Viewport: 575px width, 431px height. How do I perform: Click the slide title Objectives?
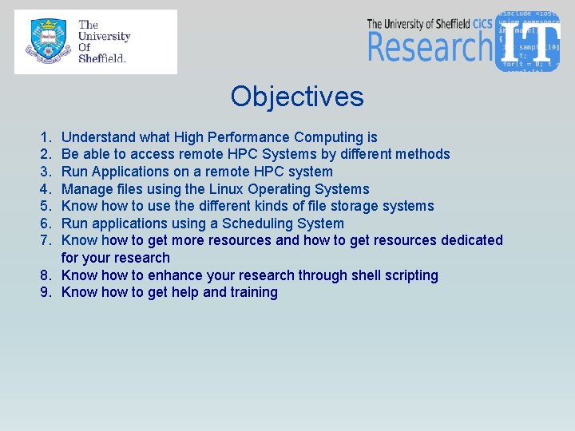click(296, 97)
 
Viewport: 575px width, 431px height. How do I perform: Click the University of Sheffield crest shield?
click(48, 42)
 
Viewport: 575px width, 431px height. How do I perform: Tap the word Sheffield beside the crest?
click(102, 58)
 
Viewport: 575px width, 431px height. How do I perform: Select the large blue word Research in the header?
click(430, 46)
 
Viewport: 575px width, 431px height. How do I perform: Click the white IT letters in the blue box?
click(529, 42)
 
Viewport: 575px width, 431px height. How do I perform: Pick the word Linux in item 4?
click(229, 189)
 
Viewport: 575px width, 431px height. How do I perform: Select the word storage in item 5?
click(354, 206)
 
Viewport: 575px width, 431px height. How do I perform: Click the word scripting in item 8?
click(408, 275)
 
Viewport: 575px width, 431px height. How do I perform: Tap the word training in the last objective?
click(253, 292)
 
